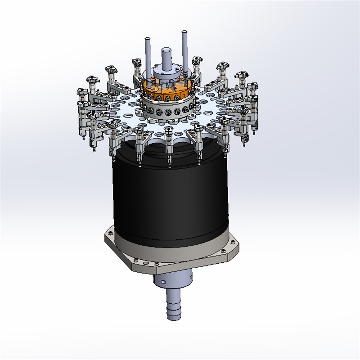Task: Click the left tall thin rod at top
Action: coord(148,54)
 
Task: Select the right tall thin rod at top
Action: coord(184,49)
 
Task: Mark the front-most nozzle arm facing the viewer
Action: coord(168,144)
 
